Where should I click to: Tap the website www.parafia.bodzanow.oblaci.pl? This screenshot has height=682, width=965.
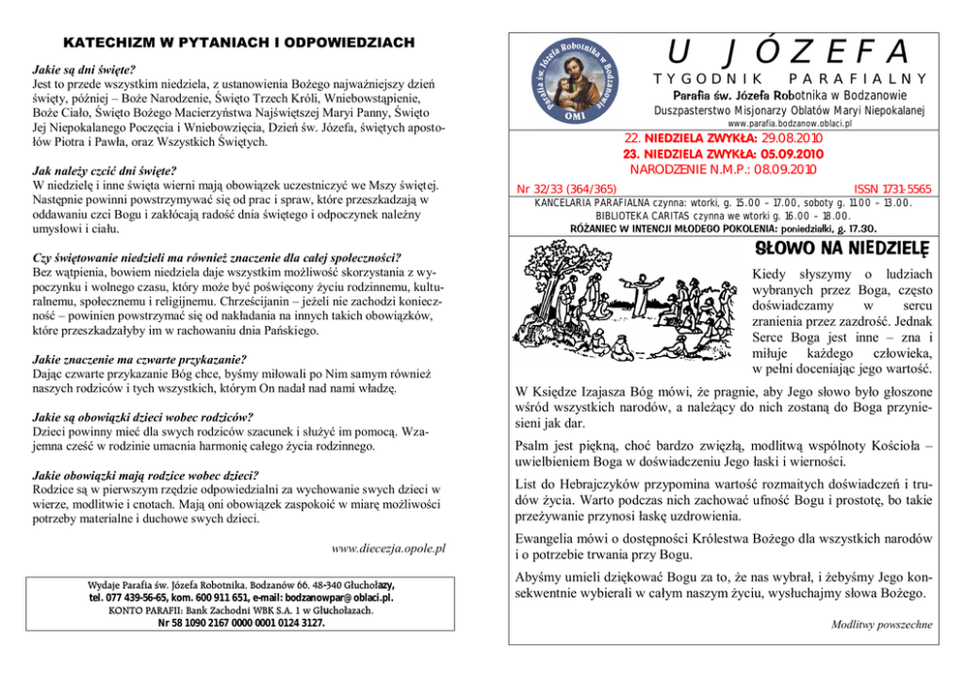click(x=789, y=126)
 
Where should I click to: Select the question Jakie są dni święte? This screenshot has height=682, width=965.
click(x=84, y=70)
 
